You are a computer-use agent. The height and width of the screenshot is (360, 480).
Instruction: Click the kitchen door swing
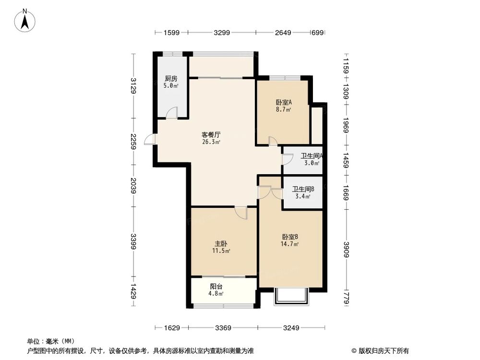(172, 112)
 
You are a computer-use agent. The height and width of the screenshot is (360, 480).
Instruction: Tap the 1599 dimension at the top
(171, 33)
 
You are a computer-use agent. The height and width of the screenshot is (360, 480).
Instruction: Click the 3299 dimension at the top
(222, 33)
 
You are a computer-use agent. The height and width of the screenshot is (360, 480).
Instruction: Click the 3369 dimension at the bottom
(223, 328)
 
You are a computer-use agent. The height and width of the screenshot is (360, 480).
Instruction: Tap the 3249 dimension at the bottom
(291, 328)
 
